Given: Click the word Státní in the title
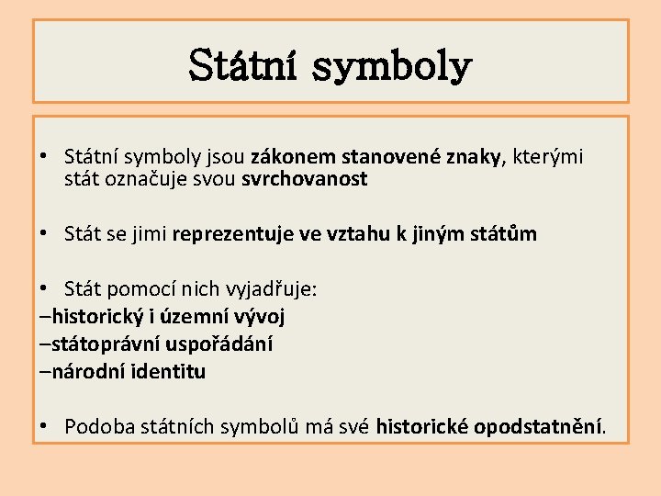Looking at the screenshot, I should pyautogui.click(x=242, y=66).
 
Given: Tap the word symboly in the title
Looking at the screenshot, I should pyautogui.click(x=394, y=66).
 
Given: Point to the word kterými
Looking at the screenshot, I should pyautogui.click(x=550, y=157).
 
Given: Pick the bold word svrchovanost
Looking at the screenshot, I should pyautogui.click(x=305, y=180).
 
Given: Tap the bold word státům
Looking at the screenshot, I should pyautogui.click(x=504, y=234).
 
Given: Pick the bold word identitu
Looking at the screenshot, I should pyautogui.click(x=172, y=372).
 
